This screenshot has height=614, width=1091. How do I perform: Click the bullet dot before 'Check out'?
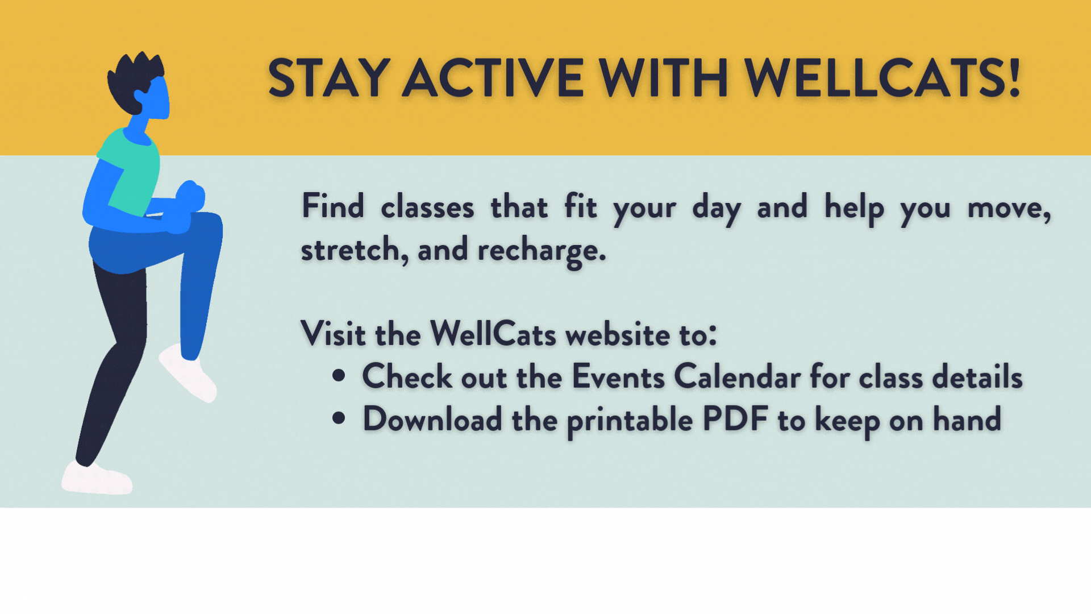(339, 376)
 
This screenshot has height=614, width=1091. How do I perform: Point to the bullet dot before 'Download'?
(339, 418)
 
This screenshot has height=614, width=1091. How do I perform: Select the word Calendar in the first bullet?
(737, 376)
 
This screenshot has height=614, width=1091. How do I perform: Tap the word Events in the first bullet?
(618, 376)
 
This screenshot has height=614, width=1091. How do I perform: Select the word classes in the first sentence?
(427, 207)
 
